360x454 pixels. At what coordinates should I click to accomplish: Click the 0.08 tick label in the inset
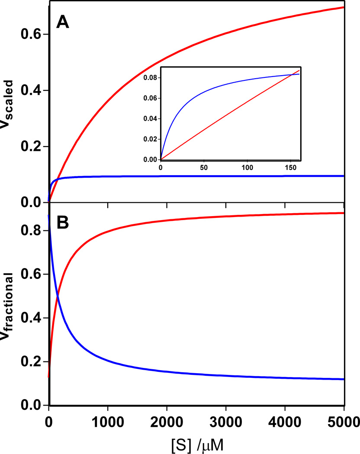(150, 78)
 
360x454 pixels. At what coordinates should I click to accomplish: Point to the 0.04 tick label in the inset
(150, 119)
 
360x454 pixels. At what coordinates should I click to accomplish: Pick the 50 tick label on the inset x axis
(204, 167)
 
